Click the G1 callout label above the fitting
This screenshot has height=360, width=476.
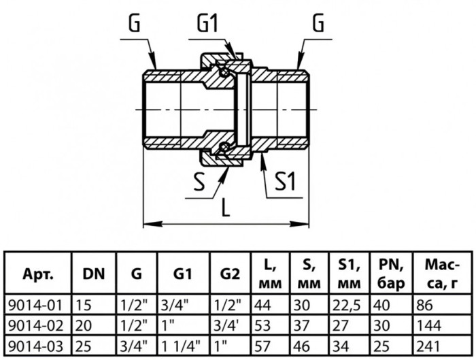(x=207, y=23)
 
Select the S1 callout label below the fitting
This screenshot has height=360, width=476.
(x=285, y=182)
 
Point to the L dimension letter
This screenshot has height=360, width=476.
(x=225, y=207)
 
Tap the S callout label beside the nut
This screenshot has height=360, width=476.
(x=199, y=182)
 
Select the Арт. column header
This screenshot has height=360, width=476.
(x=38, y=274)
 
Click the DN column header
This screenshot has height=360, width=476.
(x=94, y=274)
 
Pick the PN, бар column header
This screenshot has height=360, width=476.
(x=391, y=274)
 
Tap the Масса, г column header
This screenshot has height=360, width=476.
(x=443, y=274)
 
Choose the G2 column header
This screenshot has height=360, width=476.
(x=230, y=274)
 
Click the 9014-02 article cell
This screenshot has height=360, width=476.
(x=35, y=326)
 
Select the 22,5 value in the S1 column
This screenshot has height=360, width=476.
(x=346, y=306)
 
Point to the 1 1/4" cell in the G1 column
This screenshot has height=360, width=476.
(x=181, y=346)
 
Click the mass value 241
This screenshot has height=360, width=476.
(x=428, y=346)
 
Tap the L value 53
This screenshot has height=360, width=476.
(x=262, y=326)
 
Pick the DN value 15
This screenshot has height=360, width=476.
(x=83, y=306)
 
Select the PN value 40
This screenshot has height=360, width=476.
(x=381, y=306)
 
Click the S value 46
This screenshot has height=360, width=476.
(x=302, y=346)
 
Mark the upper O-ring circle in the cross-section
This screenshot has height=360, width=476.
(x=225, y=72)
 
